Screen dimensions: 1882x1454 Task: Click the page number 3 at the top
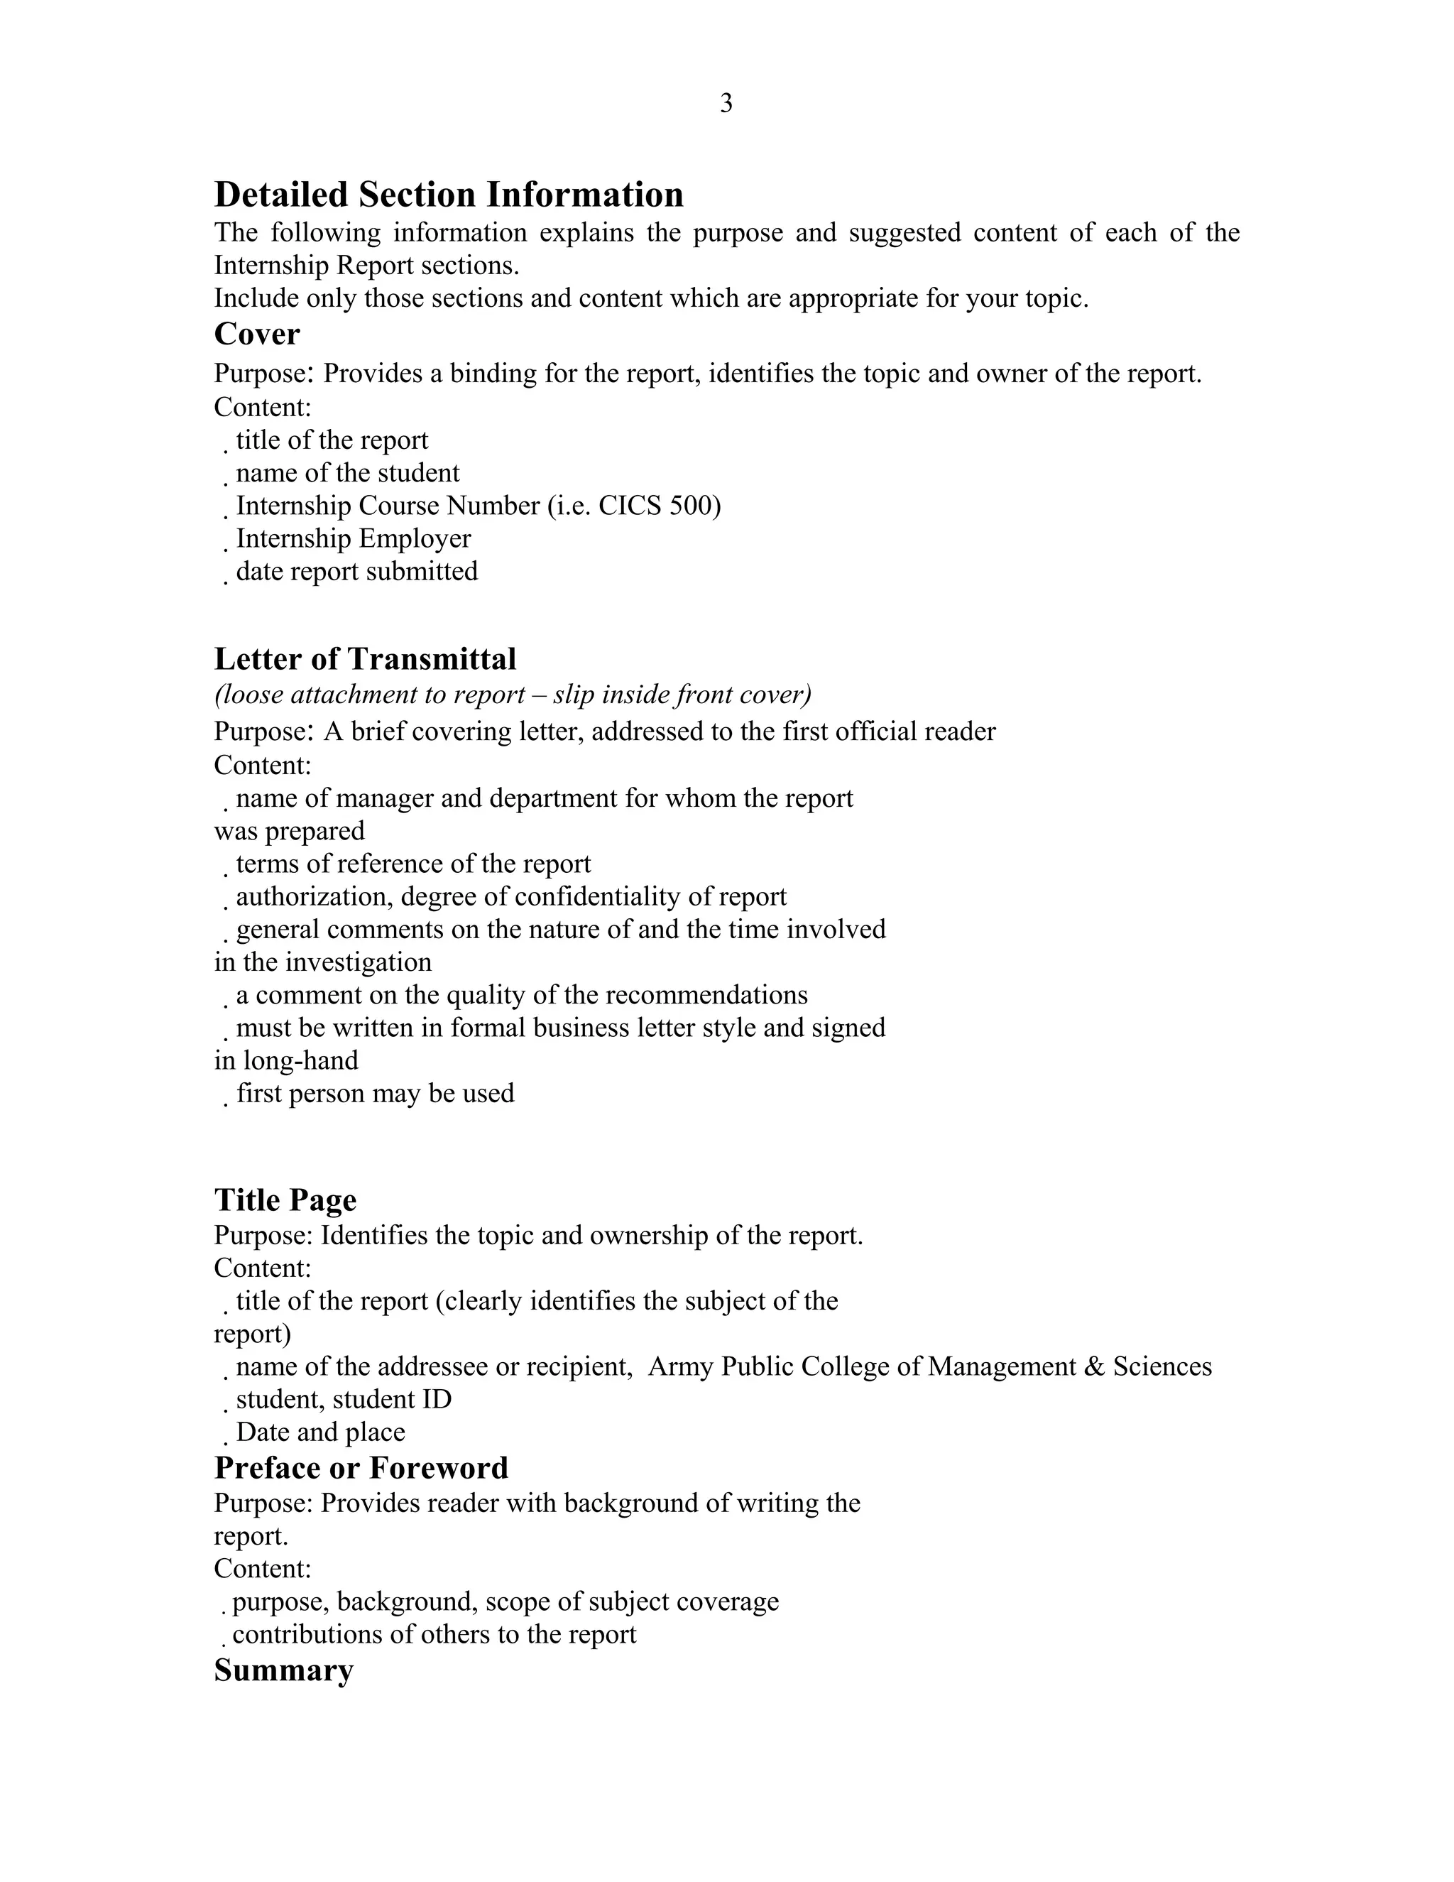coord(726,104)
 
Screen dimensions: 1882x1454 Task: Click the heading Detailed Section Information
coord(448,195)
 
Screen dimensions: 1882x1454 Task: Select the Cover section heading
coord(257,334)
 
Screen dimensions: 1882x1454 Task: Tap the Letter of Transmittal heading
coord(364,659)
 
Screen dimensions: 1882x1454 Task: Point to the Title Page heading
coord(285,1200)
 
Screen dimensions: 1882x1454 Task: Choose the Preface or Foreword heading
coord(361,1467)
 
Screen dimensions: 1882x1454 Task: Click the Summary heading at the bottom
coord(283,1670)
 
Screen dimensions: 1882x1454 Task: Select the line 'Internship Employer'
coord(353,538)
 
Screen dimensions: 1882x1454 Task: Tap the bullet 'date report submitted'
coord(356,571)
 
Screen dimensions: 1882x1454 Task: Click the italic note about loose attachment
coord(513,695)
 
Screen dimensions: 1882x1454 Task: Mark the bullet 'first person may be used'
coord(375,1094)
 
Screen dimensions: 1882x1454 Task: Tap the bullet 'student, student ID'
coord(344,1400)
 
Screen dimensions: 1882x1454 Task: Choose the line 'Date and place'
coord(320,1432)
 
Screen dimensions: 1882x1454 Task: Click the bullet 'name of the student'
coord(348,473)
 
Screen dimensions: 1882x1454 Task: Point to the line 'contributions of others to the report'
coord(434,1635)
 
